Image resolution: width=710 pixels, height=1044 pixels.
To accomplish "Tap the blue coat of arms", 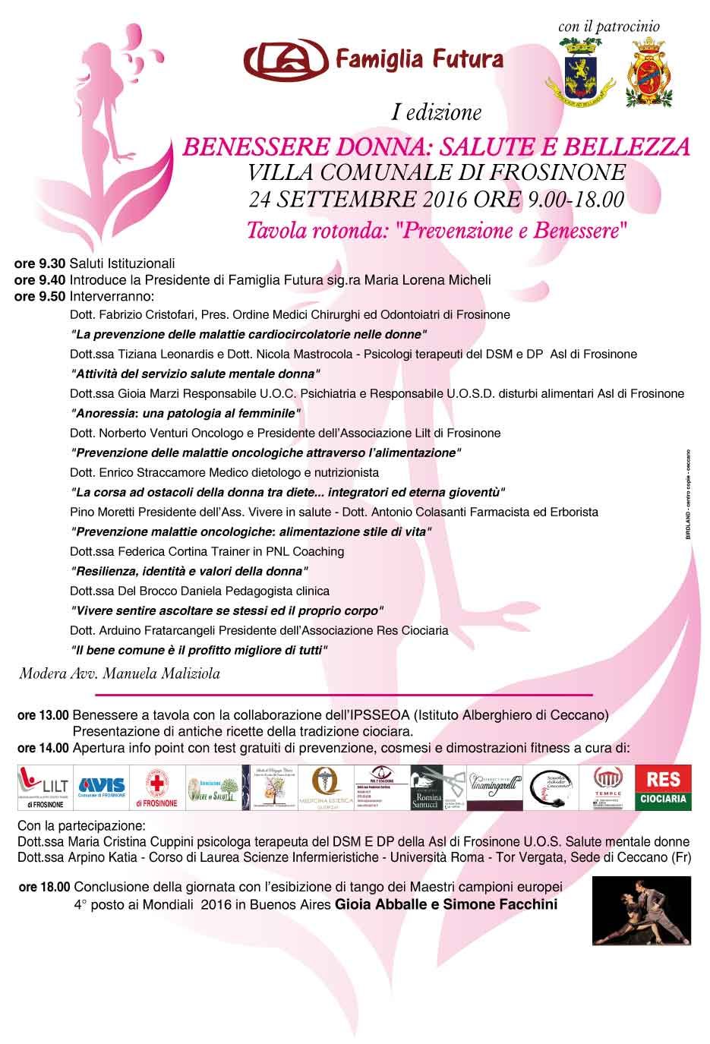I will pos(583,74).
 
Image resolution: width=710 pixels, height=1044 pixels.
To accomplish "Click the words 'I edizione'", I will pos(437,113).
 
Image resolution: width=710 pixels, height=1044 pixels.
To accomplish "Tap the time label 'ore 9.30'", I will pos(39,264).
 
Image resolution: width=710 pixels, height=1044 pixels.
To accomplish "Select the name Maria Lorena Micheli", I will pos(428,279).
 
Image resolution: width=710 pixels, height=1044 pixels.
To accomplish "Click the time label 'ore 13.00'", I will pos(43,715).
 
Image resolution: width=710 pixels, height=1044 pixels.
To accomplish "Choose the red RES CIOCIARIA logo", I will pos(664,787).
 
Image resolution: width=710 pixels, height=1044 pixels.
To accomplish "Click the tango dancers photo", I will pos(641,911).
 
